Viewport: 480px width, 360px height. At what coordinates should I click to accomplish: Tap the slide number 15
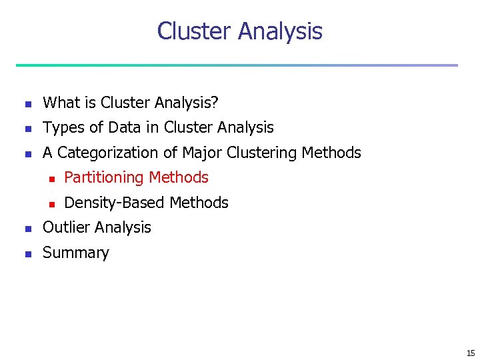tap(471, 353)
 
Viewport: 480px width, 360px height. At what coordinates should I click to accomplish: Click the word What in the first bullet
tap(61, 103)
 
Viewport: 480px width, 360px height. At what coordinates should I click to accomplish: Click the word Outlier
tap(64, 227)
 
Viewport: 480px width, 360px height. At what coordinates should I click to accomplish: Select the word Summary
tap(75, 253)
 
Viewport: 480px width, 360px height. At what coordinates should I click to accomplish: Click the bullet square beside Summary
tap(27, 253)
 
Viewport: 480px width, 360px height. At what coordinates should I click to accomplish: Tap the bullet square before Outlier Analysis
tap(27, 229)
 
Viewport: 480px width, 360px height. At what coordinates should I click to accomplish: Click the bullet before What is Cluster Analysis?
tap(27, 104)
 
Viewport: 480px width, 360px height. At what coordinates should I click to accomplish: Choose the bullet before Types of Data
tap(27, 129)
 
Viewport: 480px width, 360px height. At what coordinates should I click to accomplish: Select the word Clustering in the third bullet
tap(262, 153)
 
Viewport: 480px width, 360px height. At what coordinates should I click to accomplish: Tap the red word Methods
tap(179, 177)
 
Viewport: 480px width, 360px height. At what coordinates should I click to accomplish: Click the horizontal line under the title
tap(237, 65)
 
